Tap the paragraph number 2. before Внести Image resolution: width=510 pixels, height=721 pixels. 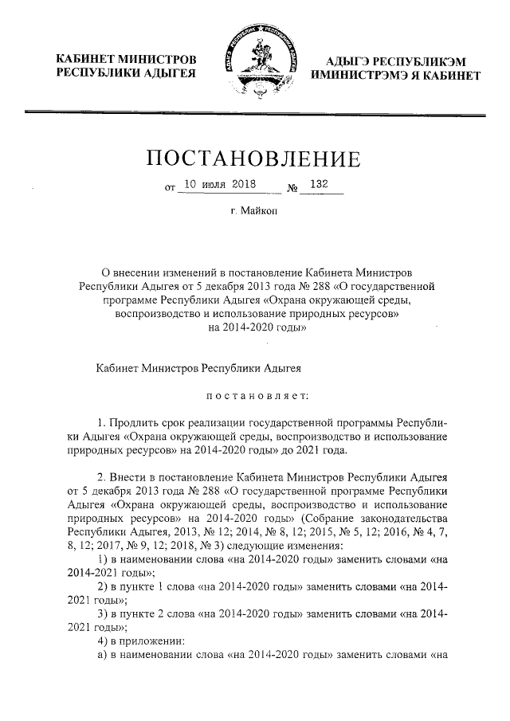point(100,477)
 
